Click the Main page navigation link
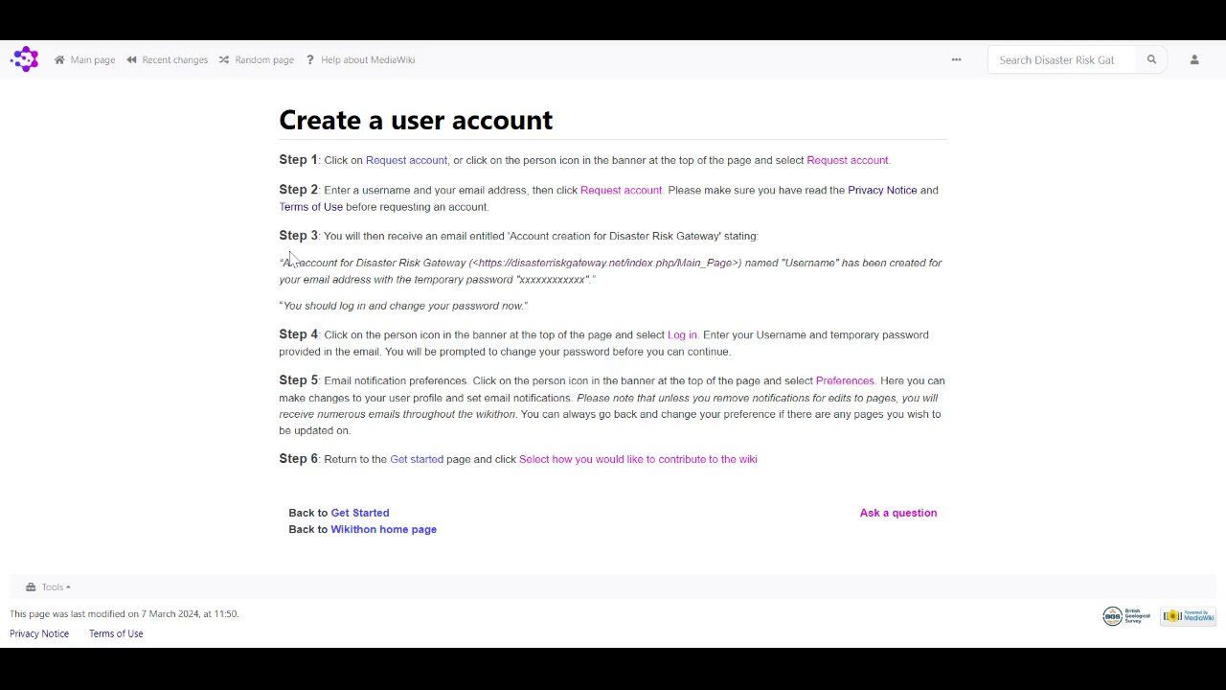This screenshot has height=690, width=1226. pos(85,59)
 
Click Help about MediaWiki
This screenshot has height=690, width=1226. pos(361,59)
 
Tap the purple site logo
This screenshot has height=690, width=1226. pos(24,59)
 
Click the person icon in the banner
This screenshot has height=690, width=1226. pos(1194,59)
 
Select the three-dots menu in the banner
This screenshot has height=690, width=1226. pos(956,59)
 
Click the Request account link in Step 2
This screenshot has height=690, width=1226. pos(621,190)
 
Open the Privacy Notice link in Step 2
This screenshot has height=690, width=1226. pos(882,190)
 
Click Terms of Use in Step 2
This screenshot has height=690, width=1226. pos(310,207)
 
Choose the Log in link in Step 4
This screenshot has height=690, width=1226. pos(682,334)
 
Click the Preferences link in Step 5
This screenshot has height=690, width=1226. pos(844,380)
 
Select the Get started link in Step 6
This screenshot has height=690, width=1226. pos(417,459)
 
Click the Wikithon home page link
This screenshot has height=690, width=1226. pos(383,529)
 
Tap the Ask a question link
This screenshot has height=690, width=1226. pos(897,513)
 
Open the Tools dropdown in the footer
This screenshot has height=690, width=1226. pos(50,586)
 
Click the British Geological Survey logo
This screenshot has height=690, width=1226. pos(1126,616)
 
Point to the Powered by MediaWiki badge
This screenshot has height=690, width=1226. pos(1188,616)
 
